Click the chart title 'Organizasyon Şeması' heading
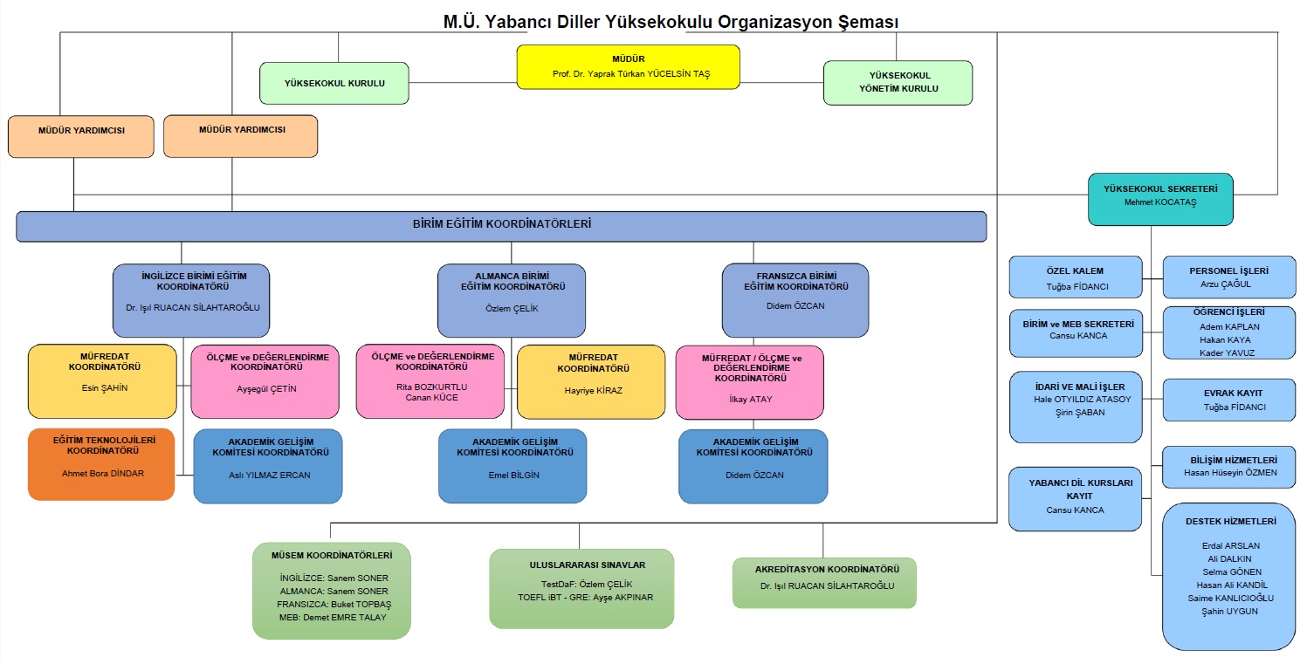671,21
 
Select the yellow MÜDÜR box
628,67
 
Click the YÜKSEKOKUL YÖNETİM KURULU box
898,83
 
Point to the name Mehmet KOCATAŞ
1160,202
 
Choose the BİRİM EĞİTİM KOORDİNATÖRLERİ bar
501,225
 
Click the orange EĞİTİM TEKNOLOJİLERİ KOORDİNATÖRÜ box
102,464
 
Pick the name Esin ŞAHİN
103,388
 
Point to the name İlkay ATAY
750,400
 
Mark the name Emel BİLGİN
513,476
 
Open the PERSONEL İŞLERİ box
1228,277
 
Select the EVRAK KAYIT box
1229,400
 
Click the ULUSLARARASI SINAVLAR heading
581,565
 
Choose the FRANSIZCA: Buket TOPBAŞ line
334,605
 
